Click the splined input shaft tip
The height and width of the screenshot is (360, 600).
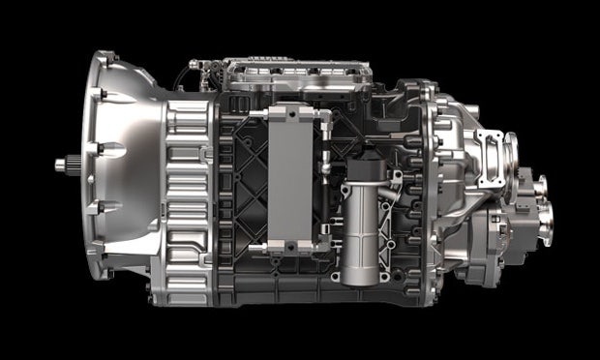coord(61,166)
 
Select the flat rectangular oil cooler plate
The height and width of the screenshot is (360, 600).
coord(290,179)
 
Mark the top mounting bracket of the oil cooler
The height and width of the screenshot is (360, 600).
coord(290,116)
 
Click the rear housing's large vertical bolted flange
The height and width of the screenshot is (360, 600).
coord(431,184)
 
